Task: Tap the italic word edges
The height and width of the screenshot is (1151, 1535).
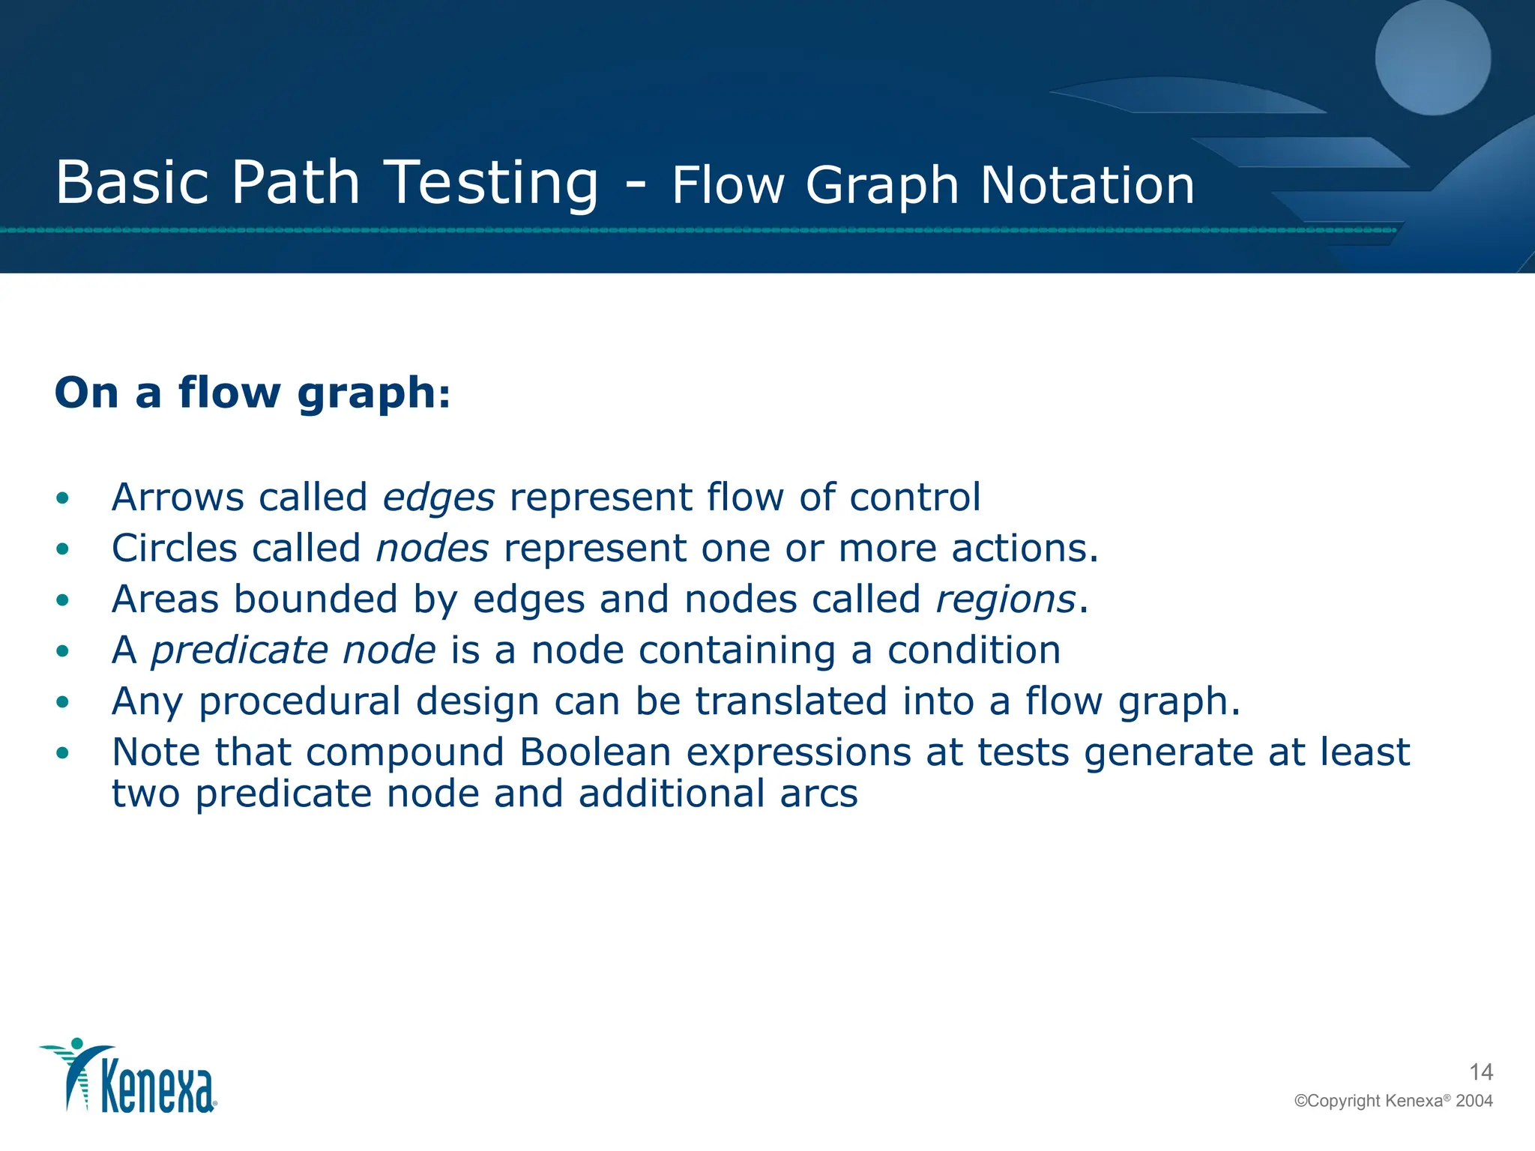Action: (x=438, y=498)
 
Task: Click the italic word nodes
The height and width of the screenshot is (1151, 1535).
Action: (x=432, y=549)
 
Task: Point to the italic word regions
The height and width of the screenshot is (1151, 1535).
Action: (x=1005, y=599)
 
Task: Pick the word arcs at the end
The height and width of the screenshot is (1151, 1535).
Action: (x=818, y=794)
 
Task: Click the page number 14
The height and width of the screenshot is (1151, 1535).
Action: (x=1480, y=1072)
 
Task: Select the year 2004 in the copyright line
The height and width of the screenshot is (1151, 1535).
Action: (x=1474, y=1101)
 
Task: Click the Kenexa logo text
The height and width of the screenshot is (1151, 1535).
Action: (x=157, y=1088)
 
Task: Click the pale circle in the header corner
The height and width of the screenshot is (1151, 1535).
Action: (x=1432, y=58)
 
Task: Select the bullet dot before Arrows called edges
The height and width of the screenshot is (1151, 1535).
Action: (x=63, y=498)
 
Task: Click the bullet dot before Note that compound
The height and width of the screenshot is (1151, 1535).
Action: (x=63, y=753)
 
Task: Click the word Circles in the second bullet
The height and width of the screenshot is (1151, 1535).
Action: (x=174, y=549)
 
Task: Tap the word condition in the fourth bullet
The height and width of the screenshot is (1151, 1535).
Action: (x=974, y=650)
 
